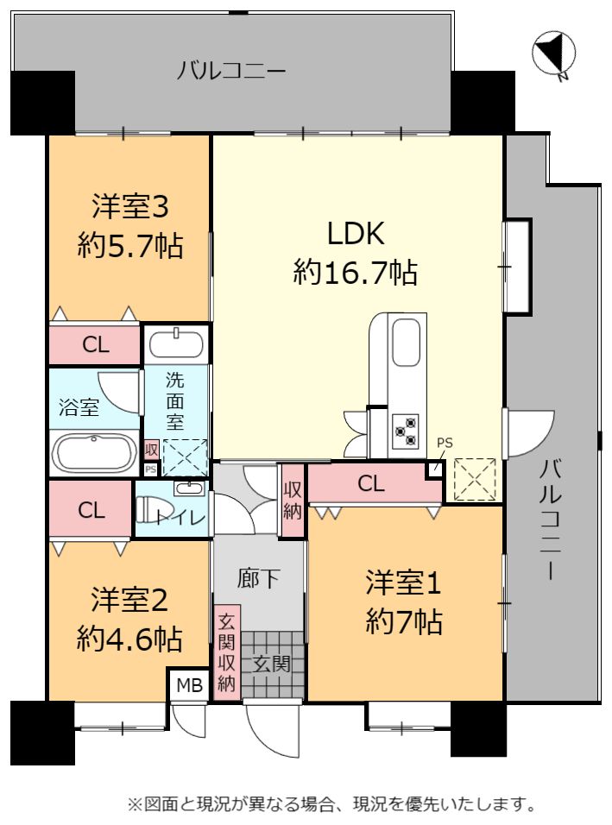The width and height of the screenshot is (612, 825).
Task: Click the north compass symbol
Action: [x=554, y=54]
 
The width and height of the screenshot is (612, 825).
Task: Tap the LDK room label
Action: [x=356, y=233]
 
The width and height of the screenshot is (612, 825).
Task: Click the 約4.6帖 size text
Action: [x=129, y=639]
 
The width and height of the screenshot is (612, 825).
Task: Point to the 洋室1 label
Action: [x=403, y=583]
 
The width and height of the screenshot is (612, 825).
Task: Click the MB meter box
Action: [x=189, y=685]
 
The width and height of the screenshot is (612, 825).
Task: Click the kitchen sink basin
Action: [x=407, y=342]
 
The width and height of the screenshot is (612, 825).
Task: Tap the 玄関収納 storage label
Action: [x=226, y=653]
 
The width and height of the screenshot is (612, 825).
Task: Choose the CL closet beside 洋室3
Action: [x=95, y=344]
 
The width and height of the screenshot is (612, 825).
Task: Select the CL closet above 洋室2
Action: [x=91, y=509]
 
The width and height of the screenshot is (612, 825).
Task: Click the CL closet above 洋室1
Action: [x=371, y=483]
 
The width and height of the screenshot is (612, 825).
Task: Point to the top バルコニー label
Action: [x=231, y=70]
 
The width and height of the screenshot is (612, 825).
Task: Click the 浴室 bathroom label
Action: [x=79, y=407]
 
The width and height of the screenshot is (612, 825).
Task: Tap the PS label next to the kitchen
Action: [x=445, y=443]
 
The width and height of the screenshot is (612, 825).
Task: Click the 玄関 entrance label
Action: [x=272, y=664]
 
